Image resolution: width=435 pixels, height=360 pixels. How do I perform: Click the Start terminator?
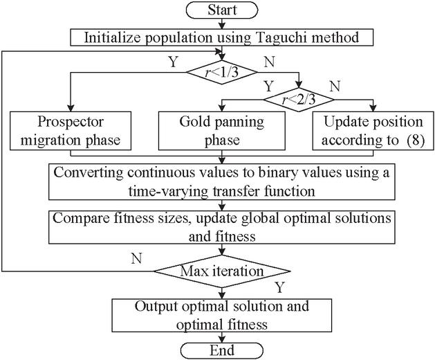pos(221,10)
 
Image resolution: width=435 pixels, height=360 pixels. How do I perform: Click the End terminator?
pos(221,350)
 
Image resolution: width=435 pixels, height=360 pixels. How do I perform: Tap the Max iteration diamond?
pos(221,269)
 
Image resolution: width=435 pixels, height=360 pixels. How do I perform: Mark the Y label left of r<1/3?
pos(172,61)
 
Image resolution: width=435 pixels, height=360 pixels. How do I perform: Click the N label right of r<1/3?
pos(270,61)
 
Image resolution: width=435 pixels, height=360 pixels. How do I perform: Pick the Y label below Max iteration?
pos(279,285)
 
